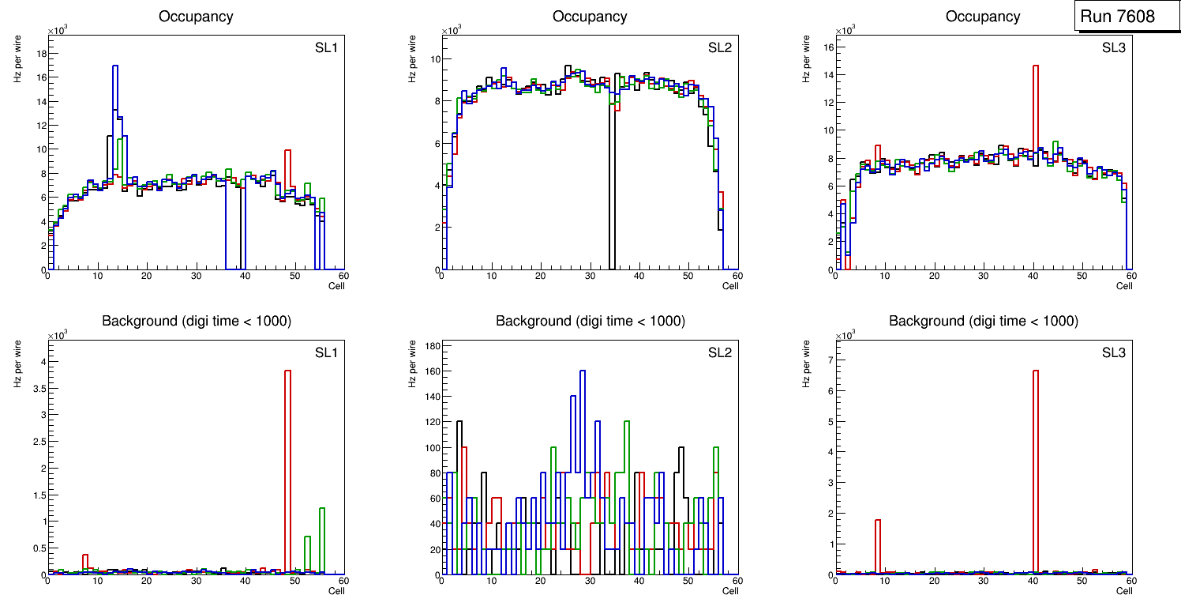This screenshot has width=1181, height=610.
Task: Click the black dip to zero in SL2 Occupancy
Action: point(611,198)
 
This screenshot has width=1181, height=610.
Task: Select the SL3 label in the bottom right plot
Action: point(1114,352)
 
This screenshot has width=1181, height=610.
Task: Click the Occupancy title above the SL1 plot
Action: point(196,17)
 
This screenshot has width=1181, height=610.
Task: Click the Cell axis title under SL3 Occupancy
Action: point(1124,286)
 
